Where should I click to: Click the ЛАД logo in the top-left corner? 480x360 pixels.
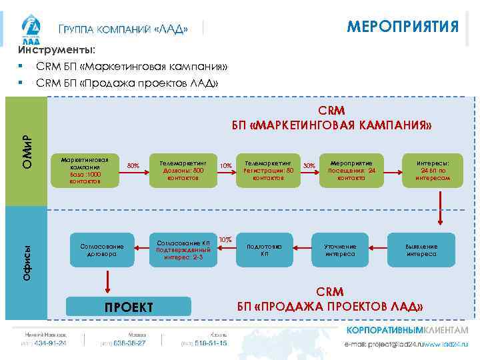pos(31,29)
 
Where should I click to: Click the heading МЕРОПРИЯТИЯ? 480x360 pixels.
pos(403,27)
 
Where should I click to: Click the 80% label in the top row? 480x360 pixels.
pos(133,165)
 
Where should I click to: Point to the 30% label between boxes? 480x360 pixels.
pos(309,165)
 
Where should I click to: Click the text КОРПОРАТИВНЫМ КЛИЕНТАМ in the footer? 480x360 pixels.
pos(407,331)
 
